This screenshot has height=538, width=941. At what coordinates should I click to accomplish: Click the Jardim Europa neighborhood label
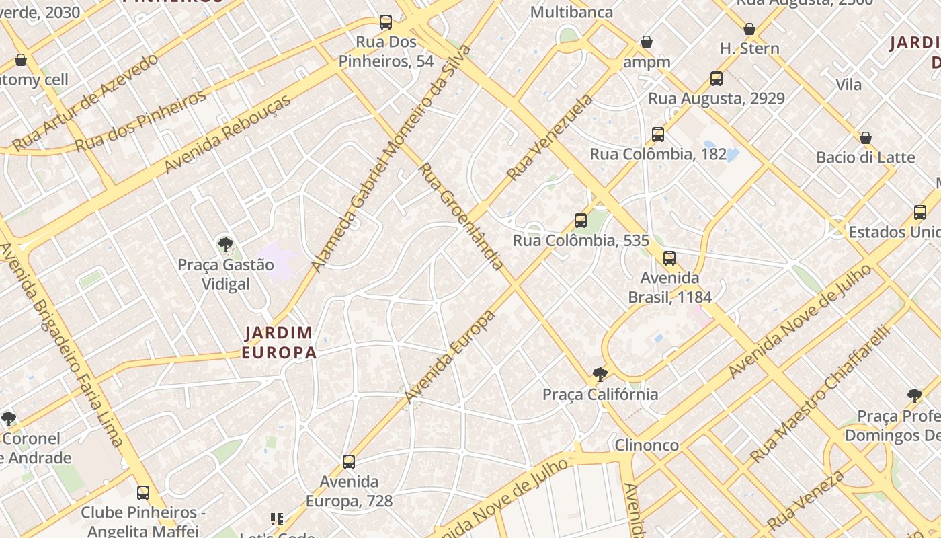pos(279,342)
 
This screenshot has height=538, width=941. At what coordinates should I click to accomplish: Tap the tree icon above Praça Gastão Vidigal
pos(226,245)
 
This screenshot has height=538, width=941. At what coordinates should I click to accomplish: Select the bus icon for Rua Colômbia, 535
pos(581,220)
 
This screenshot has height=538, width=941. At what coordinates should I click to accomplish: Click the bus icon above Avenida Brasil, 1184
pos(669,258)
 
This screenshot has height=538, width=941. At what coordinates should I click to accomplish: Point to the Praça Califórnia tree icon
pos(600,375)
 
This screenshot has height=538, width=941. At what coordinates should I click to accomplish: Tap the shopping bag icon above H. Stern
pos(749,29)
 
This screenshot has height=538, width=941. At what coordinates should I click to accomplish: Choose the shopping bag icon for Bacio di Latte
pos(866,138)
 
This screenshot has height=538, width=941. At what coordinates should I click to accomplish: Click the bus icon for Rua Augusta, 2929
pos(717,79)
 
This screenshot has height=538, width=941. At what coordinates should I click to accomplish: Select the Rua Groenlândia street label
pos(461,215)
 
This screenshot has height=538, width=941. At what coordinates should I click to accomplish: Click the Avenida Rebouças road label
pos(228,133)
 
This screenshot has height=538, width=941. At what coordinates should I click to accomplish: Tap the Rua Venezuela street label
pos(550,137)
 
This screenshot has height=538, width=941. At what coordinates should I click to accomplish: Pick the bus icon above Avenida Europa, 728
pos(348,461)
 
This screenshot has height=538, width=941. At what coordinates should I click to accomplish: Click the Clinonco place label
pos(647,445)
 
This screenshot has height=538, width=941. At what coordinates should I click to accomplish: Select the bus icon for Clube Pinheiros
pos(143,492)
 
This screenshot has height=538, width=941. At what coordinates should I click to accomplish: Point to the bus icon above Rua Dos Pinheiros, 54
pos(386,22)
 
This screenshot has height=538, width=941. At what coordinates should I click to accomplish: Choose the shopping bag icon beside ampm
pos(647,42)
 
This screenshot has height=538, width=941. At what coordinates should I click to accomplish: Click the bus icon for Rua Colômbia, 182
pos(658,134)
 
